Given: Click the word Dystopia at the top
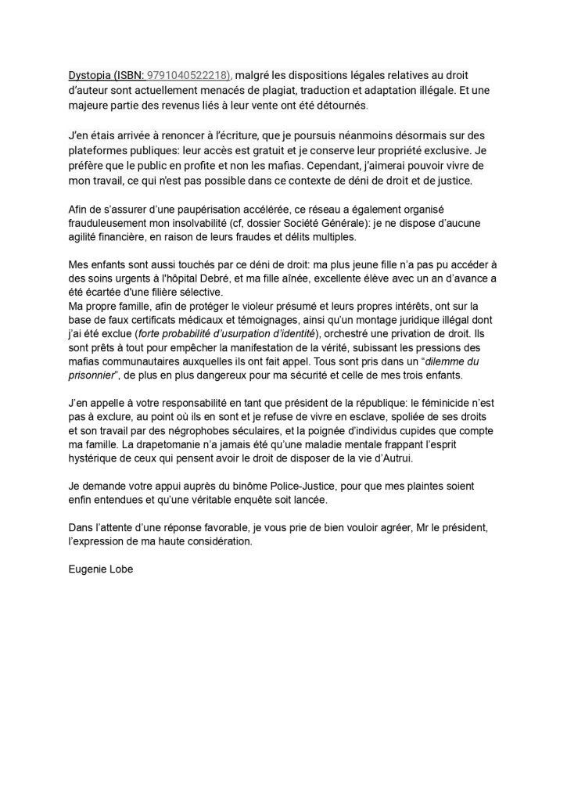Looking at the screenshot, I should (89, 74).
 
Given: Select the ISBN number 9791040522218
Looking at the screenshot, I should (188, 74).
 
